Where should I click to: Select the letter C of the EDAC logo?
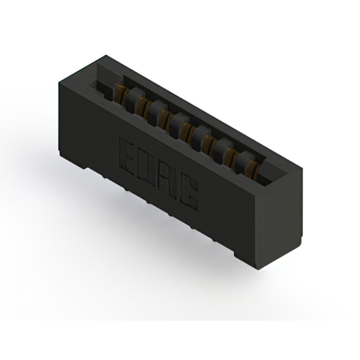[190, 194]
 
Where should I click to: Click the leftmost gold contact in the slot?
[119, 95]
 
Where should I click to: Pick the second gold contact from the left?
[141, 106]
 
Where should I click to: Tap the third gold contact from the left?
[164, 118]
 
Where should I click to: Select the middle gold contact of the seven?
[186, 130]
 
